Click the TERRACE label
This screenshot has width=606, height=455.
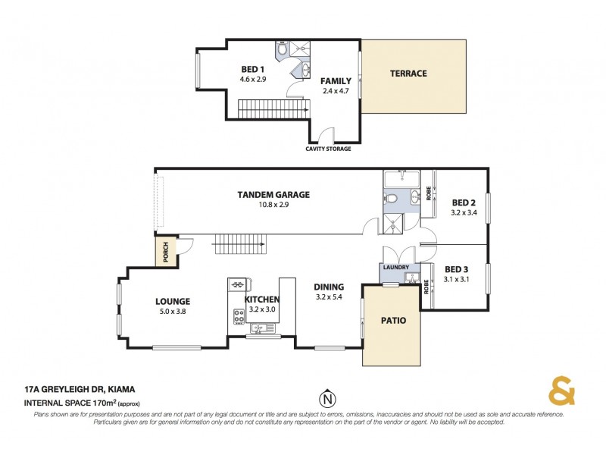click(x=408, y=74)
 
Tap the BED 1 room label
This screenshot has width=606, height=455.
click(x=252, y=69)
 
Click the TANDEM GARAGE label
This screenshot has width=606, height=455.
click(x=273, y=194)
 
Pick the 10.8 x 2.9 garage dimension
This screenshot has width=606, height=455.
click(x=273, y=205)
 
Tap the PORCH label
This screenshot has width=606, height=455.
click(x=166, y=251)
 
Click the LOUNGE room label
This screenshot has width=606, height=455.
click(x=173, y=301)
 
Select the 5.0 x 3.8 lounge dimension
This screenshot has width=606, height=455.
click(x=173, y=312)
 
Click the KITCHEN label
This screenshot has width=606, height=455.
click(x=262, y=299)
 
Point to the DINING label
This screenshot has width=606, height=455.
click(x=330, y=287)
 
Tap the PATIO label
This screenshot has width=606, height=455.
click(x=392, y=321)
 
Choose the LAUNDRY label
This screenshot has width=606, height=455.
click(x=396, y=268)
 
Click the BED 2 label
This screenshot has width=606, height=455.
click(x=464, y=202)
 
